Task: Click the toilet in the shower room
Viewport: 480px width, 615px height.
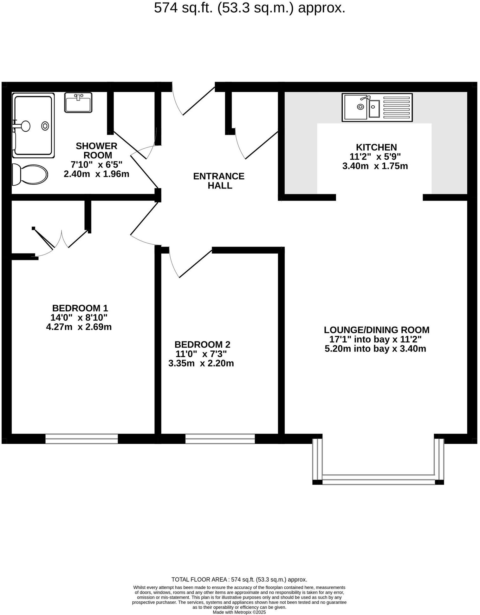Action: [30, 174]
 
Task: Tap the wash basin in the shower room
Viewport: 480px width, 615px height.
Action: [78, 102]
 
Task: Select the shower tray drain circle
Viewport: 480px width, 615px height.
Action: [45, 126]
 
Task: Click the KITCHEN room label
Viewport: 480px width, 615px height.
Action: [376, 147]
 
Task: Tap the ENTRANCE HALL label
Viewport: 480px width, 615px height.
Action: [219, 181]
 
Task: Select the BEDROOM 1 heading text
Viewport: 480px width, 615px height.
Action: [80, 308]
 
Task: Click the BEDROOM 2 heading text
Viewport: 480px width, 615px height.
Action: [202, 344]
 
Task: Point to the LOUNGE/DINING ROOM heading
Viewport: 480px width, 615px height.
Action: [376, 330]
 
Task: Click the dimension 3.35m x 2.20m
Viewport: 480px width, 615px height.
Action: [201, 363]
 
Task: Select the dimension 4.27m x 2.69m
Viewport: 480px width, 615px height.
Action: [79, 327]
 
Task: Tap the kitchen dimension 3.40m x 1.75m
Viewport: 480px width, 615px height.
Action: [375, 166]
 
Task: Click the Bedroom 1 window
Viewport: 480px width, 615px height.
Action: [81, 439]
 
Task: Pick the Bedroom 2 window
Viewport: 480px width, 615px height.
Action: [220, 439]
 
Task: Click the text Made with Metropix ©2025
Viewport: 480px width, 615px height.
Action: [239, 612]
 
